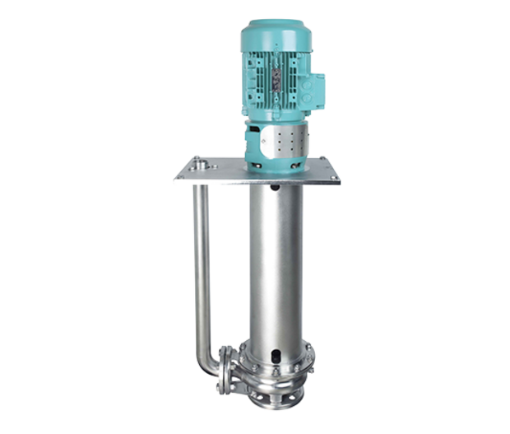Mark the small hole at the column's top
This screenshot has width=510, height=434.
tap(277, 194)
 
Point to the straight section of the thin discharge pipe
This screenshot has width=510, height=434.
tap(197, 264)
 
